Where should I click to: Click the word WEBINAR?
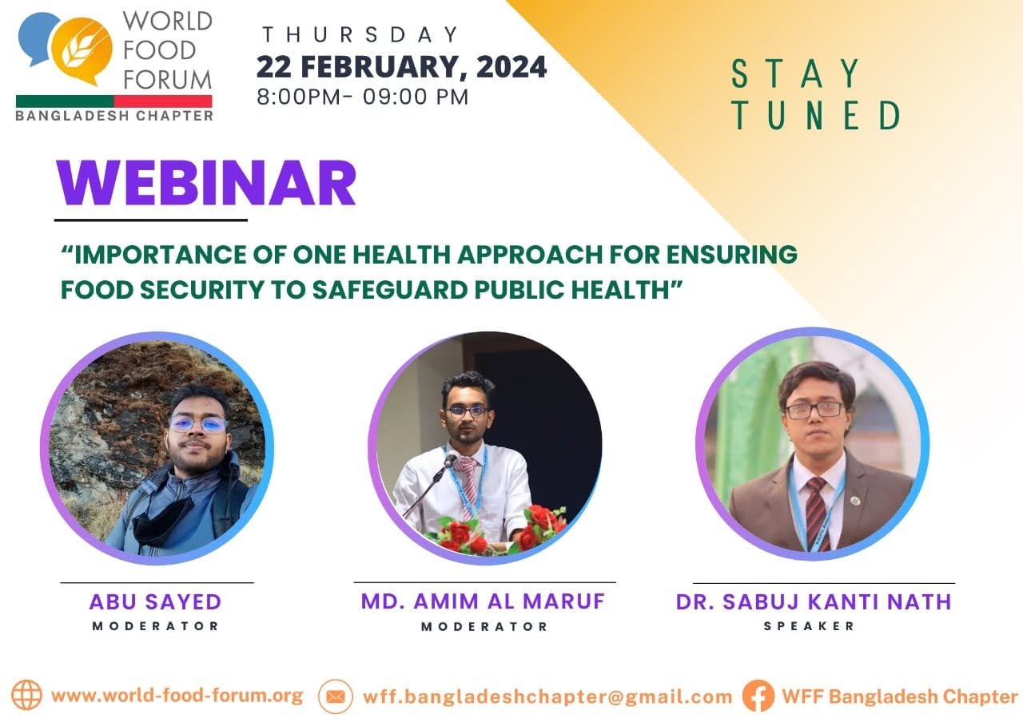coord(206,184)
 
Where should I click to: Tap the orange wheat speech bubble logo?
coord(82,50)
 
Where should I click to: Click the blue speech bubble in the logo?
coord(37,38)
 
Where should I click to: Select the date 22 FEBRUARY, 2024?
coord(401,67)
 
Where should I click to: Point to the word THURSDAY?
coord(360,34)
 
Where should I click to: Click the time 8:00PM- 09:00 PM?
coord(363,97)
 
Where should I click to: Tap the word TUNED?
coord(816,116)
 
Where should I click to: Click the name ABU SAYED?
coord(155,602)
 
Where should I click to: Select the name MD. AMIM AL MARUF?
coord(484,601)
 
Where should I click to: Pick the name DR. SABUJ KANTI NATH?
coord(814,601)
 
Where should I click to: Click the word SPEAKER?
coord(809,625)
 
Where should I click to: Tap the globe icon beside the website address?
coord(26,695)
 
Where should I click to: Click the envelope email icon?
coord(336,696)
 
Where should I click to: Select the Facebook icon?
coord(758,696)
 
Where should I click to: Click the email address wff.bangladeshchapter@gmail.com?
coord(547,697)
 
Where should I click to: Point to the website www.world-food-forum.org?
coord(177,696)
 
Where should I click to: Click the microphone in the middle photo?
coord(450,459)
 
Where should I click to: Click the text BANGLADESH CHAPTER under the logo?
coord(114,116)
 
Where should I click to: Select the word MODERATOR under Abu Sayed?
coord(156,625)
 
